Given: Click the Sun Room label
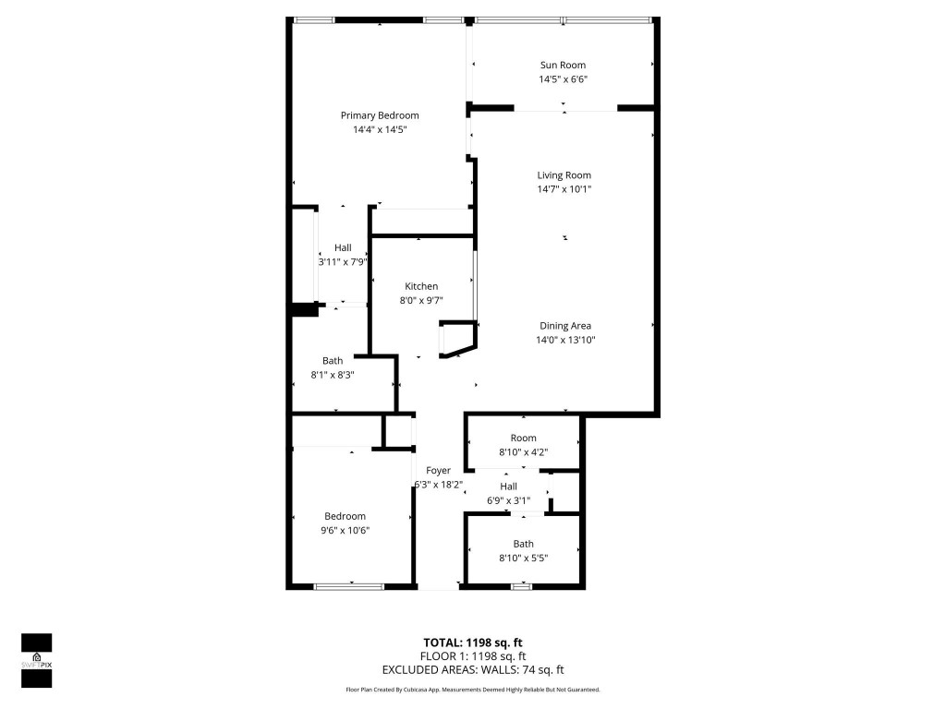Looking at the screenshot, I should [x=563, y=65].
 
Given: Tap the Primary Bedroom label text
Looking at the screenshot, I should [x=380, y=115].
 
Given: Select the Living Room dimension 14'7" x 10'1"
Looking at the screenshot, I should [x=564, y=189].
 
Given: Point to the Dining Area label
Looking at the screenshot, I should [x=564, y=326].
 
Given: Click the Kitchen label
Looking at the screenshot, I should [x=421, y=286].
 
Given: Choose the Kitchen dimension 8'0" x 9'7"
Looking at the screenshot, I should [x=421, y=300].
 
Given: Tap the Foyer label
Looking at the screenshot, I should [x=439, y=471].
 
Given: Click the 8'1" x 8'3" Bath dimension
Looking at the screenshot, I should [x=333, y=375].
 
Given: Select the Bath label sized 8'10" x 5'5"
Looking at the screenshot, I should [x=524, y=544].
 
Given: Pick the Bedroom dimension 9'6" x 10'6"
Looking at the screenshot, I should [x=345, y=530].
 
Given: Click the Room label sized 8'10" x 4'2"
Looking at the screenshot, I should [x=524, y=438].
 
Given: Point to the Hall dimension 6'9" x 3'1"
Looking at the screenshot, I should [x=509, y=501].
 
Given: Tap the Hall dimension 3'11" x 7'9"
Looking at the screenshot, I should [x=343, y=262].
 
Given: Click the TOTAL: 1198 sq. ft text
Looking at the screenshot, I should [x=473, y=643].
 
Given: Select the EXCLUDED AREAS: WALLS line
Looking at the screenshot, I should [x=473, y=670].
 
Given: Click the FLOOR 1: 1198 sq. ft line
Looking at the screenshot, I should [x=473, y=656].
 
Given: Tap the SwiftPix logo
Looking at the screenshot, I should [x=36, y=660].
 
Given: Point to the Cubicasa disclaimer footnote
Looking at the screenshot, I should [x=473, y=690].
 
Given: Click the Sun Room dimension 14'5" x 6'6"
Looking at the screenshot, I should [x=563, y=79].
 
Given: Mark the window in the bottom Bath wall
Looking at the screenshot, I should [x=522, y=586].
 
